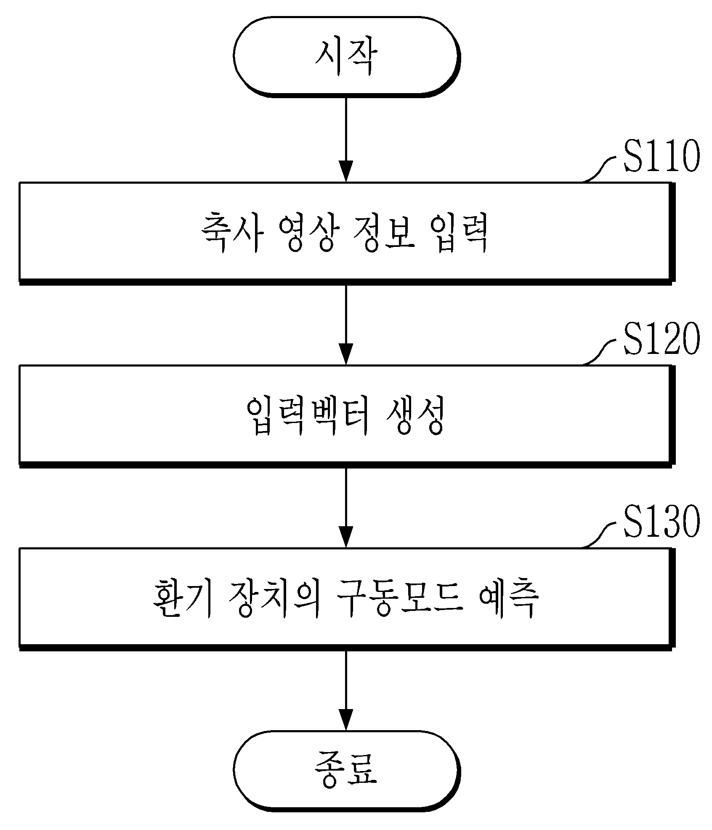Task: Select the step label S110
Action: pyautogui.click(x=661, y=157)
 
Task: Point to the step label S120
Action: pyautogui.click(x=661, y=340)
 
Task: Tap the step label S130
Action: pyautogui.click(x=661, y=522)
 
